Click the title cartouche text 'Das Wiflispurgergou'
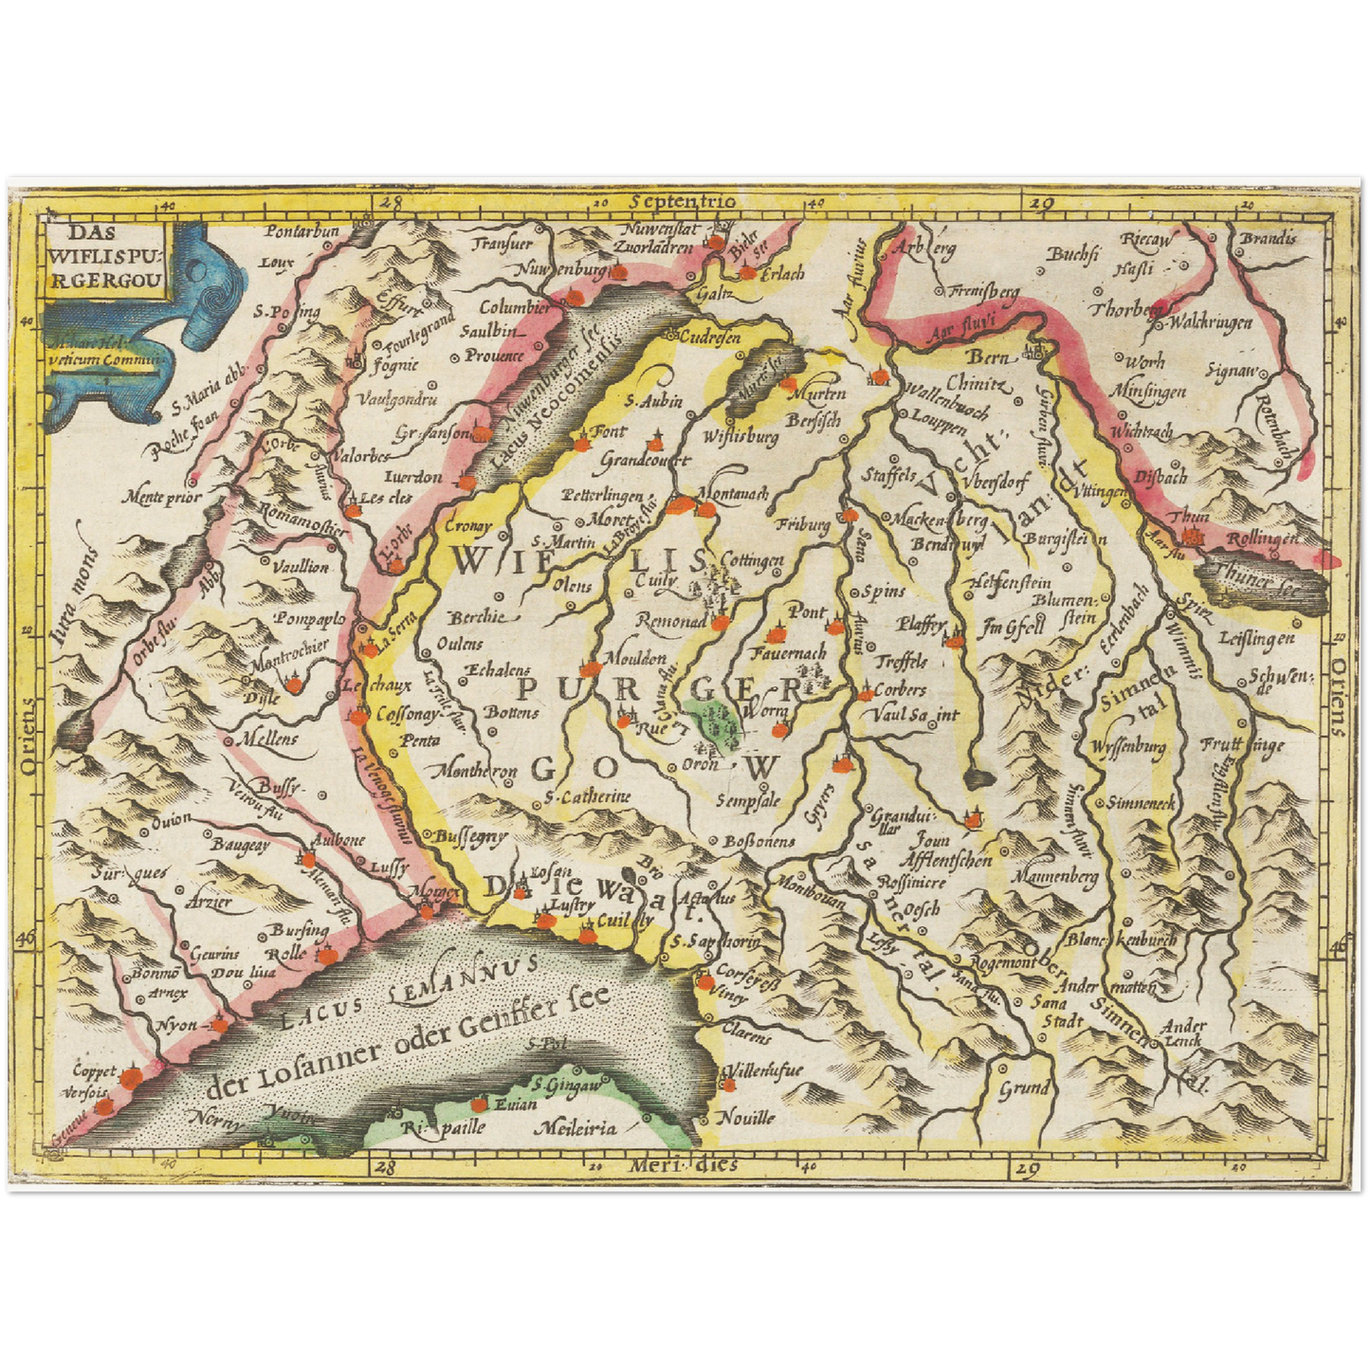click(106, 255)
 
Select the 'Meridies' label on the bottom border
click(683, 1164)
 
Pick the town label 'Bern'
click(991, 357)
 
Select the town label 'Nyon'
click(177, 1025)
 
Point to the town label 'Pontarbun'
click(301, 231)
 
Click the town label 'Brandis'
click(1268, 238)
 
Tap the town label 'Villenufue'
click(764, 1071)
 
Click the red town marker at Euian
click(479, 1104)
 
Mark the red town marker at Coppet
click(131, 1076)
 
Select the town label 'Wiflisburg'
click(740, 437)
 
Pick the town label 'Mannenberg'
click(1053, 877)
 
